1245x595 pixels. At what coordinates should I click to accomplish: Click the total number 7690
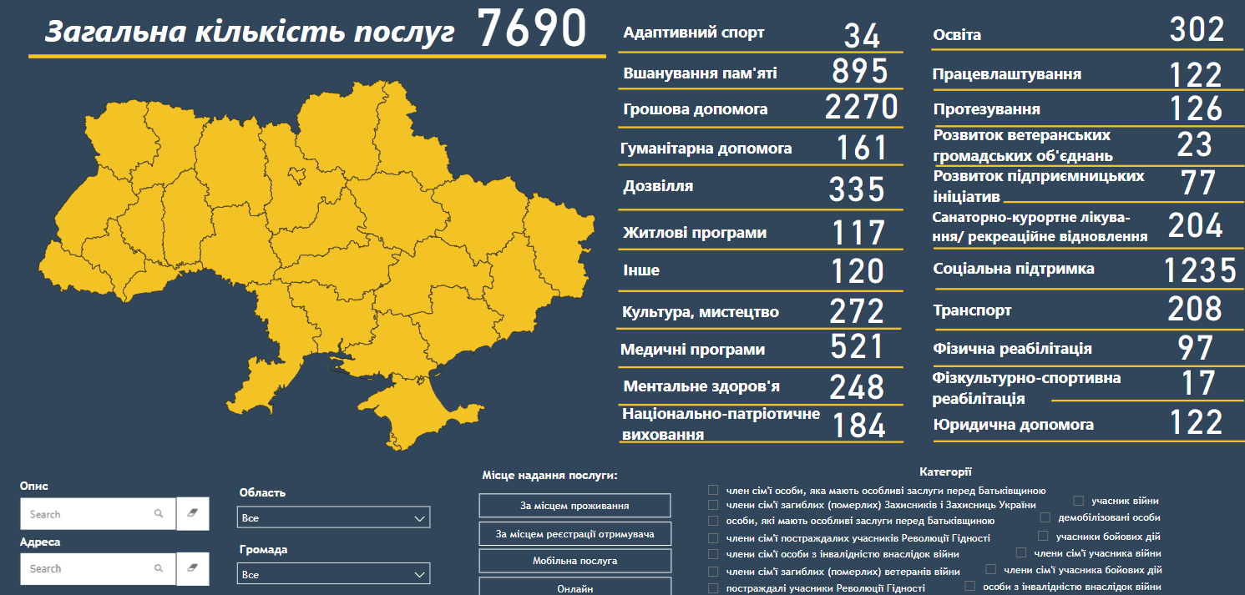533,29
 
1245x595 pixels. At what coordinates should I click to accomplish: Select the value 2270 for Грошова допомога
861,108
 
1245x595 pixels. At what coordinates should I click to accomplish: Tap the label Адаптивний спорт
694,33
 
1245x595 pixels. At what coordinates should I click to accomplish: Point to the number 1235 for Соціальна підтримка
1200,270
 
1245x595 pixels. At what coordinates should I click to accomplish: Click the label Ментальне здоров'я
701,386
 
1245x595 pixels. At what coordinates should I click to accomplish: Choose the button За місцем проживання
574,506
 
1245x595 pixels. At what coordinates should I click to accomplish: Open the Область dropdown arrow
420,518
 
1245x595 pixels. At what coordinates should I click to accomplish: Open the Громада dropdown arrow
420,575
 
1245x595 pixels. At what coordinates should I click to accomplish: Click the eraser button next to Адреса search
193,568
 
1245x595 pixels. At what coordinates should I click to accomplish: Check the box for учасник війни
1079,501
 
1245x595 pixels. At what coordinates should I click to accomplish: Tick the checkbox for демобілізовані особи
1045,517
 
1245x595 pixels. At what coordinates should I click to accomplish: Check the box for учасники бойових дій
1043,536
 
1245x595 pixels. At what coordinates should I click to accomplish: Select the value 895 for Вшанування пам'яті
859,72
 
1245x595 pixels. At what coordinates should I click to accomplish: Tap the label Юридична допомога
1013,425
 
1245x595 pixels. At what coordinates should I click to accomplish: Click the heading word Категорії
945,472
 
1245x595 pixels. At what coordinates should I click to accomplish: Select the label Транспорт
972,310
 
